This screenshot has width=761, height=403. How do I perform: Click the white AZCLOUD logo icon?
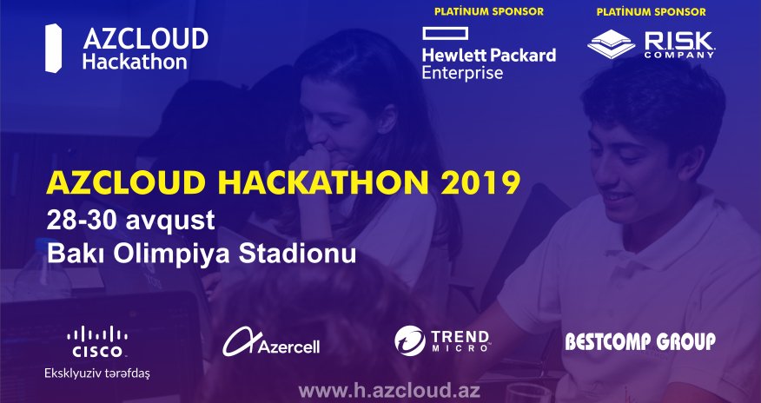click(x=53, y=49)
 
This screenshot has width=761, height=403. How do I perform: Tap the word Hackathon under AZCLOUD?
click(x=135, y=62)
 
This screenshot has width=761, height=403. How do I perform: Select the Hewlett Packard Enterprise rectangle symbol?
click(x=445, y=34)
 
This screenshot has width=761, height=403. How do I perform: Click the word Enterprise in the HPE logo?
click(x=462, y=73)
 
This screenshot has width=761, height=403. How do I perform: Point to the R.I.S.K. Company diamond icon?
click(x=611, y=44)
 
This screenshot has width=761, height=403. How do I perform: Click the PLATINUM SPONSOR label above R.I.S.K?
click(x=651, y=12)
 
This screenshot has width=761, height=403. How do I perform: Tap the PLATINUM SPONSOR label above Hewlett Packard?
click(x=489, y=11)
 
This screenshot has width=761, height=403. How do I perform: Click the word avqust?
click(x=170, y=221)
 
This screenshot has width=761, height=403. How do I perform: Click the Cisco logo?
click(x=97, y=341)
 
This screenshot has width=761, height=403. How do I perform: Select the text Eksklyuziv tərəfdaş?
click(x=97, y=373)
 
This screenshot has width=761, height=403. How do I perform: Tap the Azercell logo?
click(x=271, y=341)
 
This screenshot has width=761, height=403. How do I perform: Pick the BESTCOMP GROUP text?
click(x=639, y=341)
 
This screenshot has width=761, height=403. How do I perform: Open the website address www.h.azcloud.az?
click(x=389, y=390)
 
